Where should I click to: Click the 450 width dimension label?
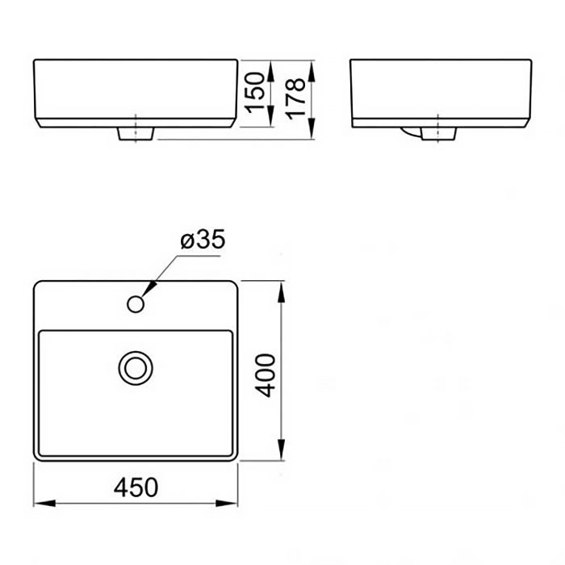[x=136, y=488]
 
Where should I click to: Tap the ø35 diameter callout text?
[x=203, y=239]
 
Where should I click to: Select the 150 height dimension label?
[x=256, y=92]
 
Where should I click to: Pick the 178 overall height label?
[x=296, y=98]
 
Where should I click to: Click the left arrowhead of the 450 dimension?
[x=44, y=503]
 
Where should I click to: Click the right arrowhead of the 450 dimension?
[x=226, y=503]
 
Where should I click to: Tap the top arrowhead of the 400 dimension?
[x=282, y=292]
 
